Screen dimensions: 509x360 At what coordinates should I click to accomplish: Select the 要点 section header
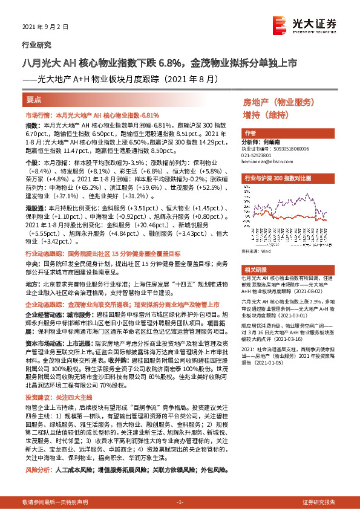34,99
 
